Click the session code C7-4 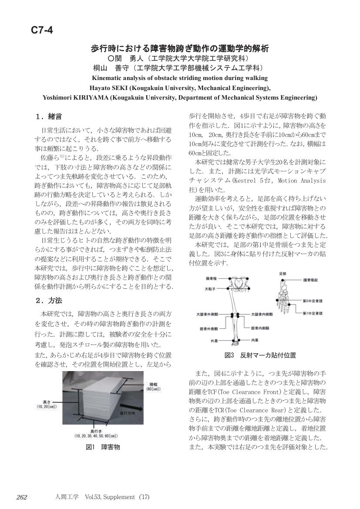pyautogui.click(x=42, y=30)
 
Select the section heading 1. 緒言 pyautogui.click(x=48, y=117)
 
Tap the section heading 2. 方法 pyautogui.click(x=49, y=301)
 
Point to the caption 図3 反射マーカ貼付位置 pyautogui.click(x=260, y=355)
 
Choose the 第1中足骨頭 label pyautogui.click(x=313, y=313)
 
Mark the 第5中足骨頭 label pyautogui.click(x=313, y=301)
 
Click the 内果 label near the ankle pyautogui.click(x=255, y=340)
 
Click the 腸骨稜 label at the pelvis pyautogui.click(x=211, y=278)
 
